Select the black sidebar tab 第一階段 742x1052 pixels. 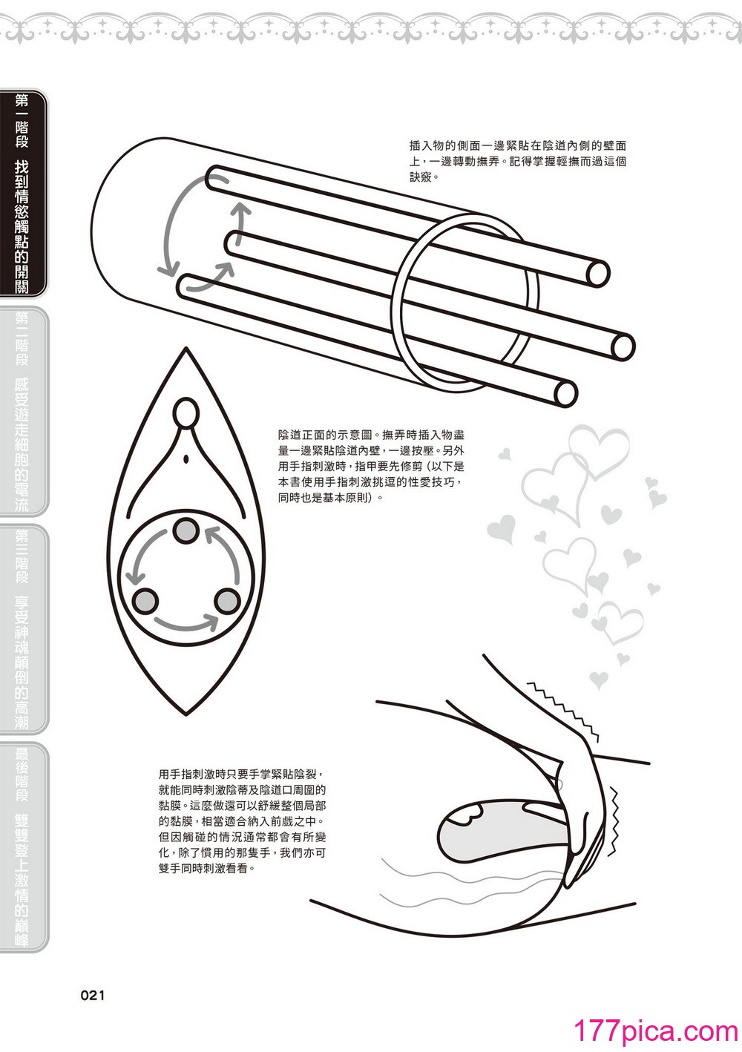(x=24, y=194)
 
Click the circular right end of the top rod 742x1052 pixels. (x=597, y=273)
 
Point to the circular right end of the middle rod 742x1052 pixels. (x=623, y=346)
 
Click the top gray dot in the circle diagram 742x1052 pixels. (x=186, y=532)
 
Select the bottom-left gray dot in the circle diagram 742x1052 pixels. (x=145, y=601)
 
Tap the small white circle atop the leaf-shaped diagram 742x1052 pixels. (x=186, y=412)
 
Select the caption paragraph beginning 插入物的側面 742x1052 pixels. (x=517, y=161)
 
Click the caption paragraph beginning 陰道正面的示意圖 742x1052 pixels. (x=371, y=465)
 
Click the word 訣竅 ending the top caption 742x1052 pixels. (x=420, y=177)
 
